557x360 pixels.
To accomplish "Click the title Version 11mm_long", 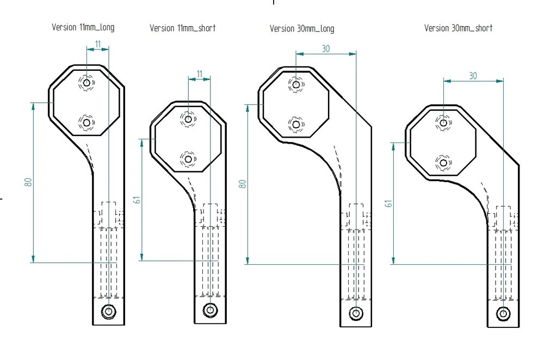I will pos(83,27).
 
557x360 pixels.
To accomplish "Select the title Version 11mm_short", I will pos(183,28).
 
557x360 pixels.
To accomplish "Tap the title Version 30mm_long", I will pos(302,28).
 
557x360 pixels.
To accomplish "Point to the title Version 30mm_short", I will pos(459,28).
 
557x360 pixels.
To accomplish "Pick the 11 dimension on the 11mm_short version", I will pos(199,73).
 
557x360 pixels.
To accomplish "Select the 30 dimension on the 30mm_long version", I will pos(326,48).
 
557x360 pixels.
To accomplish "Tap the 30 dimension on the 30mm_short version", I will pos(473,76).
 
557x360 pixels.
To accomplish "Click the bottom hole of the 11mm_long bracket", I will pos(109,311).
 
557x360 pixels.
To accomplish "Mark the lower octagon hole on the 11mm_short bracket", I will pos(188,159).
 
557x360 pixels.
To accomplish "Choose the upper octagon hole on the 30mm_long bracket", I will pos(296,84).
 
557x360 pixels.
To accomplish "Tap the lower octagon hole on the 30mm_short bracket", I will pos(443,162).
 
